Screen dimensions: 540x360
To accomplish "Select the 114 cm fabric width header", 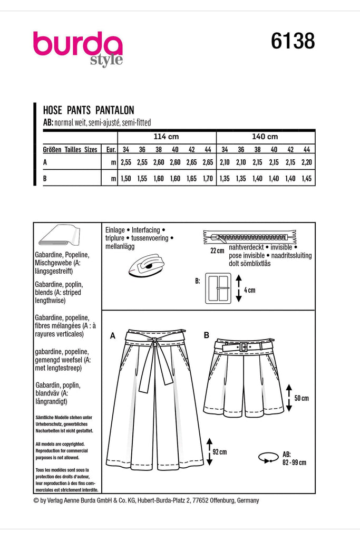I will [167, 136].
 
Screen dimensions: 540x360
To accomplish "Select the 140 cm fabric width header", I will [266, 136].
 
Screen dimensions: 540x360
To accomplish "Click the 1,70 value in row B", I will [207, 179].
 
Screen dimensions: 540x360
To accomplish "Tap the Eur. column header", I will [111, 150].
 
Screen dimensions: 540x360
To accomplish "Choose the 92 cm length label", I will [219, 452].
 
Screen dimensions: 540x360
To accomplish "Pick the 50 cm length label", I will [301, 398].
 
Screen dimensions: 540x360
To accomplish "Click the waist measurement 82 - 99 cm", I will [294, 462].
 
